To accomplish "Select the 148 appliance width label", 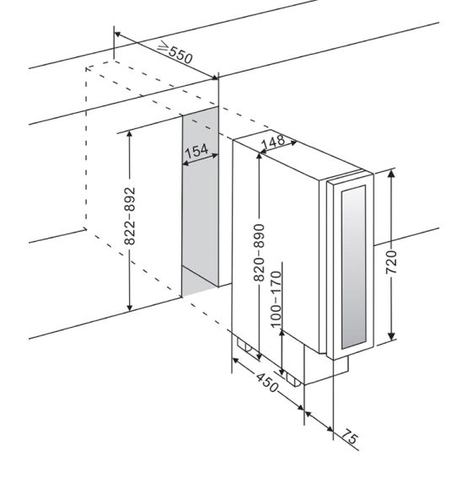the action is click(273, 142).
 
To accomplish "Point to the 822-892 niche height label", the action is click(130, 216).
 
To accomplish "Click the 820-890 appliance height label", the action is click(259, 253).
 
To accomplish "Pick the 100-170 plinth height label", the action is click(276, 299).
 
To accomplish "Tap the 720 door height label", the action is click(391, 262).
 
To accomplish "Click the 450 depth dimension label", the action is click(266, 383).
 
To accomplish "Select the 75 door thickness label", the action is click(350, 436).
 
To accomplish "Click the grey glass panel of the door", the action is click(353, 267).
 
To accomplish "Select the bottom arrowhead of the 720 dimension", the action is click(391, 335).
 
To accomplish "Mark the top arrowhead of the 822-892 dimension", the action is click(130, 135).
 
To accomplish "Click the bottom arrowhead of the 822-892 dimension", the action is click(130, 306).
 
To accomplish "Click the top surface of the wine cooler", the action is click(297, 157).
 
